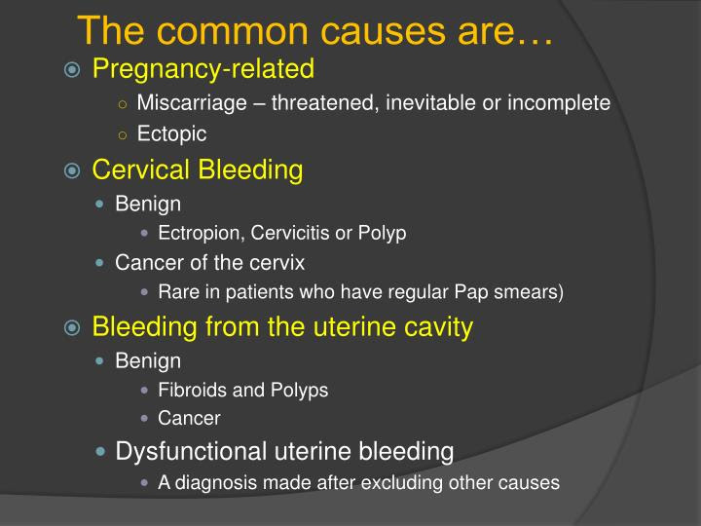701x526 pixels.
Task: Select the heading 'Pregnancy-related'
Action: pyautogui.click(x=203, y=69)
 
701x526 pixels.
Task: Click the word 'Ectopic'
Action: pyautogui.click(x=171, y=133)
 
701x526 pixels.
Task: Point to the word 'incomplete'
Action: pyautogui.click(x=566, y=103)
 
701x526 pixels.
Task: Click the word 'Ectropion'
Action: pyautogui.click(x=197, y=233)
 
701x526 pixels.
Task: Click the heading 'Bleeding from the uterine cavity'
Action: pyautogui.click(x=282, y=327)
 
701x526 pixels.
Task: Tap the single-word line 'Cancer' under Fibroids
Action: pyautogui.click(x=189, y=418)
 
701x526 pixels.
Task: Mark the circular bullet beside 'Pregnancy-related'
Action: pyautogui.click(x=73, y=70)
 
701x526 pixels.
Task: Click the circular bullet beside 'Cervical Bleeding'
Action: pyautogui.click(x=73, y=171)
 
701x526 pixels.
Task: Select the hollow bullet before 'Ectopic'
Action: pyautogui.click(x=122, y=134)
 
